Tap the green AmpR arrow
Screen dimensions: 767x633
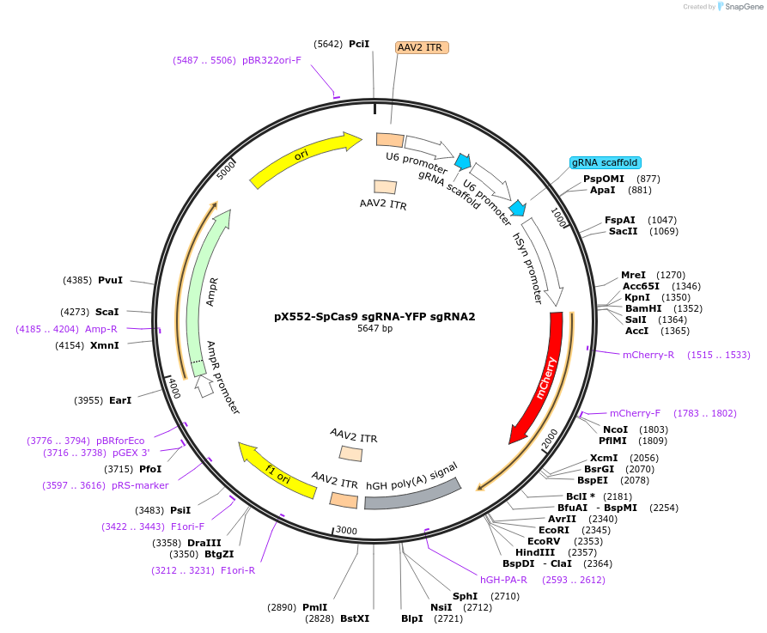click(x=203, y=294)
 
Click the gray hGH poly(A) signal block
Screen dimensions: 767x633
click(x=412, y=494)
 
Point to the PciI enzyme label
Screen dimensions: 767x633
click(x=359, y=44)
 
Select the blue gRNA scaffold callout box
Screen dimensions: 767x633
click(x=605, y=162)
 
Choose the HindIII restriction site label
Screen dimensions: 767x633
click(x=535, y=552)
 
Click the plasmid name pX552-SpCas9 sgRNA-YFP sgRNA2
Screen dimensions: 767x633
click(x=374, y=316)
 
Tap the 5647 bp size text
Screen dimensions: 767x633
click(x=374, y=328)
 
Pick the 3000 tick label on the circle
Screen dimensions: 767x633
click(x=346, y=530)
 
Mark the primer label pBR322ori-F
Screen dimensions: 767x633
click(x=271, y=60)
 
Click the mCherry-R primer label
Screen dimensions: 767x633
click(x=648, y=355)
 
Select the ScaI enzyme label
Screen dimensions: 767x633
click(x=107, y=312)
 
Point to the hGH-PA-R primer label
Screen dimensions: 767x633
click(x=503, y=580)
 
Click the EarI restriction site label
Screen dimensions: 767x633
click(x=120, y=400)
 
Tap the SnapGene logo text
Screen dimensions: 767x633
click(x=744, y=7)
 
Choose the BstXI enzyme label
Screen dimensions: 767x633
click(x=355, y=618)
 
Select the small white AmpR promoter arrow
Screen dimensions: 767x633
click(x=204, y=386)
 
